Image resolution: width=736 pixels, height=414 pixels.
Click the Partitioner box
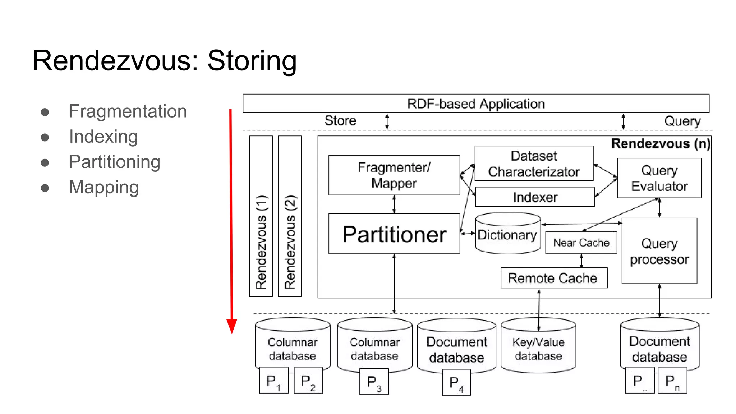(394, 234)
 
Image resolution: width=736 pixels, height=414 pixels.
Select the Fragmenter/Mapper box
(394, 175)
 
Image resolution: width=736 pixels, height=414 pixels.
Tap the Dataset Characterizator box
(533, 164)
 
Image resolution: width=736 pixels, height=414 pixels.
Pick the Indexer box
(535, 197)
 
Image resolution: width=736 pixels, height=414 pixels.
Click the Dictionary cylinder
(507, 235)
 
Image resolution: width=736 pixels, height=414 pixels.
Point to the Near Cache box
(581, 243)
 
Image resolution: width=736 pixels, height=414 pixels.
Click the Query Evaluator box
(659, 178)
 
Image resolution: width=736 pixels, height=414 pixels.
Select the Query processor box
(659, 251)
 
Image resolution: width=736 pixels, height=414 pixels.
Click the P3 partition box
(374, 382)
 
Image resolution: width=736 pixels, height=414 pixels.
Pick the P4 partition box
(456, 383)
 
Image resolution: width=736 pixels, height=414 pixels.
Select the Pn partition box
(672, 381)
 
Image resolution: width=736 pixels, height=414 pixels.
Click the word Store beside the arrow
(340, 121)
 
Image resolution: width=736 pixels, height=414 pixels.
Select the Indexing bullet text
(103, 137)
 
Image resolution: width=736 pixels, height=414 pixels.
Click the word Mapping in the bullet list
(104, 187)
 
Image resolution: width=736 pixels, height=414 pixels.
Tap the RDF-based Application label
(475, 104)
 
